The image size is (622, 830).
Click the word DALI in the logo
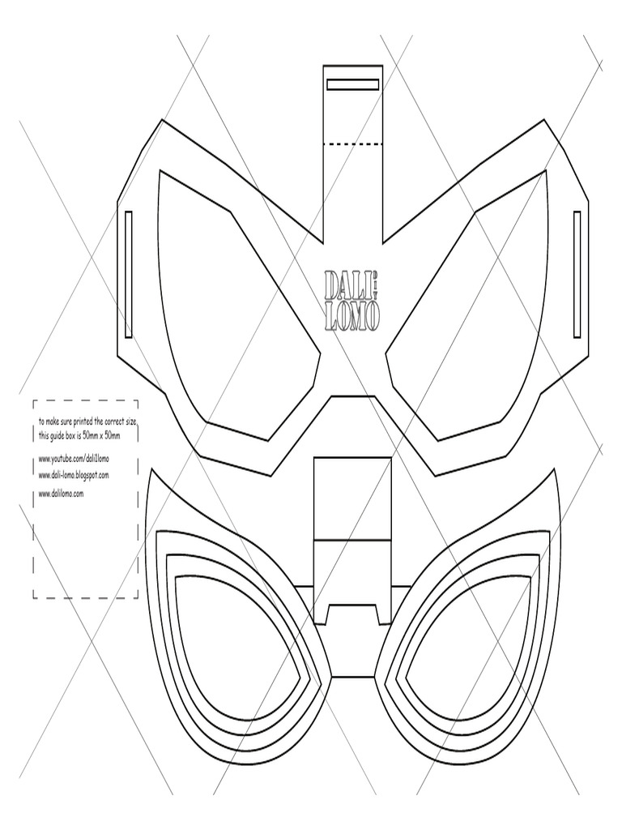(x=339, y=285)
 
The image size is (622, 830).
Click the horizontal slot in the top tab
(x=352, y=84)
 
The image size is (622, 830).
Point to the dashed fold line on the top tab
(x=352, y=144)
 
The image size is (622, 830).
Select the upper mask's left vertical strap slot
(x=129, y=274)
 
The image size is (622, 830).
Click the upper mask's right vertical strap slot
(x=577, y=274)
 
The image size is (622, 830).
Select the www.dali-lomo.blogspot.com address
(x=74, y=475)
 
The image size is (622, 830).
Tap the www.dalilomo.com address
(x=62, y=493)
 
